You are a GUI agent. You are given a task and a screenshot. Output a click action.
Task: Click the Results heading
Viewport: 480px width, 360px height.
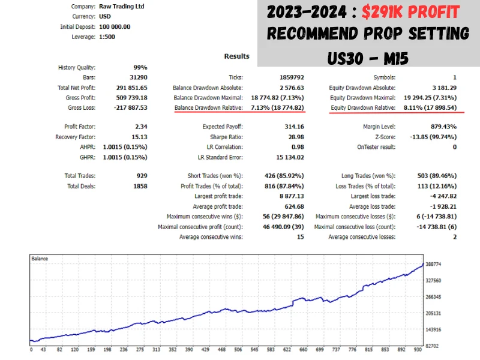(x=236, y=56)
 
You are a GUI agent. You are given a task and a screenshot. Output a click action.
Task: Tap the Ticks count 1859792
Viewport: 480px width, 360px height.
(x=290, y=77)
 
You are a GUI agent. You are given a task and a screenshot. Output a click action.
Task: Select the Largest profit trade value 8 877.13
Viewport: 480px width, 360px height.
(x=289, y=196)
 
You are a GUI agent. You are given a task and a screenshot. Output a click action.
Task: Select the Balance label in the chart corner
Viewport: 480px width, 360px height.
(x=40, y=259)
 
